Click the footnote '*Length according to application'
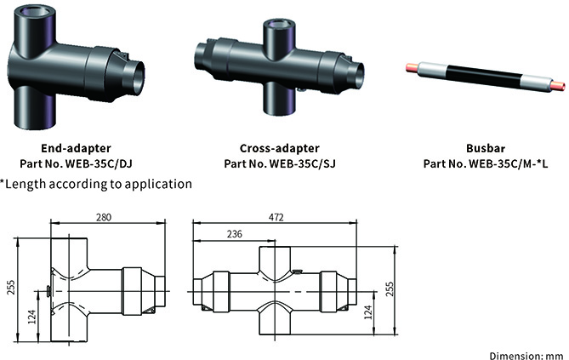pyautogui.click(x=96, y=183)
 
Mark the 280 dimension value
pyautogui.click(x=104, y=219)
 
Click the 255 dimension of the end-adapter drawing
pyautogui.click(x=9, y=286)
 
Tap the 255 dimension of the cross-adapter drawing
pyautogui.click(x=389, y=289)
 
